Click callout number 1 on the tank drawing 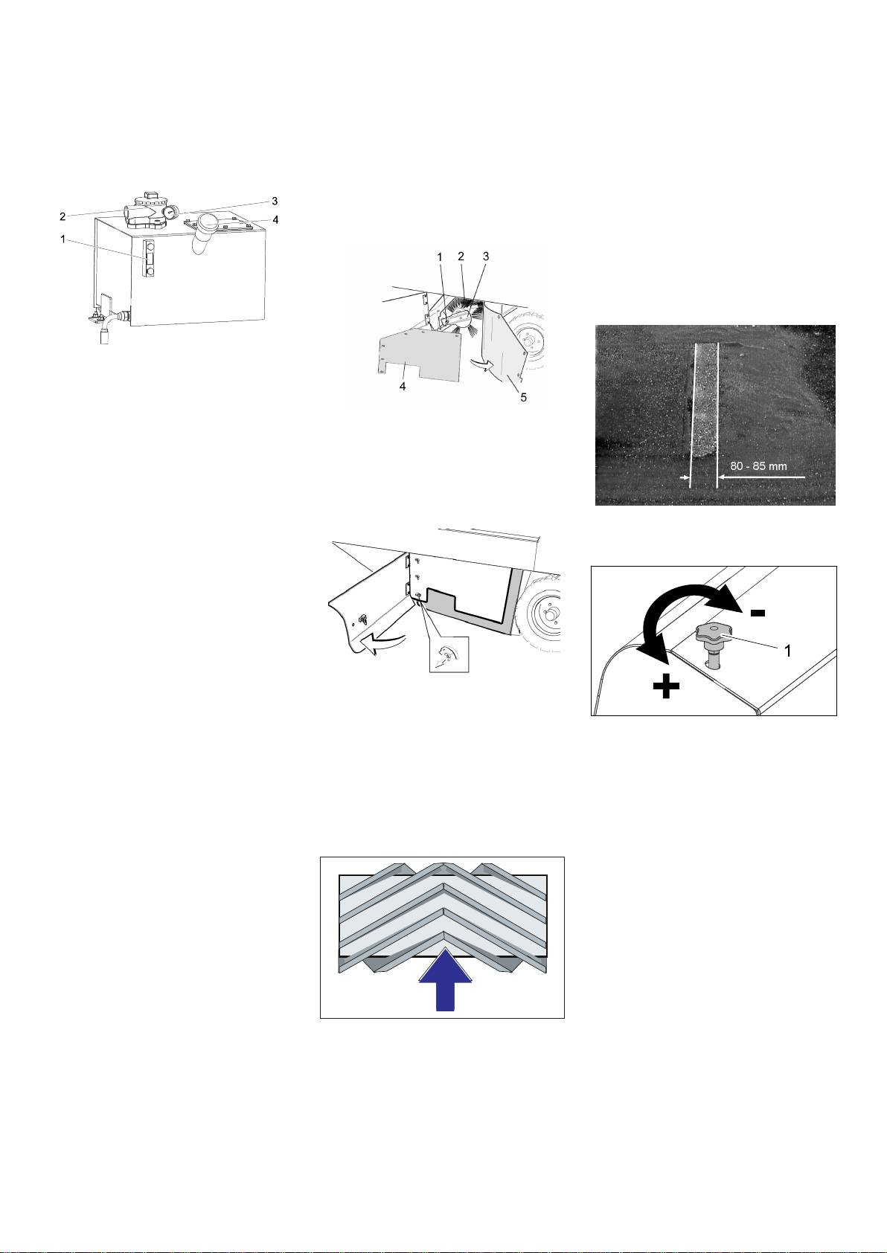click(x=63, y=239)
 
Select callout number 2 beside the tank click(x=63, y=216)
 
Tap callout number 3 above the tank click(x=275, y=201)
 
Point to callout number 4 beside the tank click(x=275, y=220)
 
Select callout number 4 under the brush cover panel click(x=403, y=387)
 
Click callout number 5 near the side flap click(x=523, y=398)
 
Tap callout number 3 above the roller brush click(x=486, y=257)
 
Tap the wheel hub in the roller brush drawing click(x=526, y=340)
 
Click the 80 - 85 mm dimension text click(x=758, y=466)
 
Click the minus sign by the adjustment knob click(x=758, y=613)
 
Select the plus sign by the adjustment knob click(x=667, y=686)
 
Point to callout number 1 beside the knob click(x=787, y=651)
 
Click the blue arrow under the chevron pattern click(x=445, y=979)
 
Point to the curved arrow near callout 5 click(x=481, y=365)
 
